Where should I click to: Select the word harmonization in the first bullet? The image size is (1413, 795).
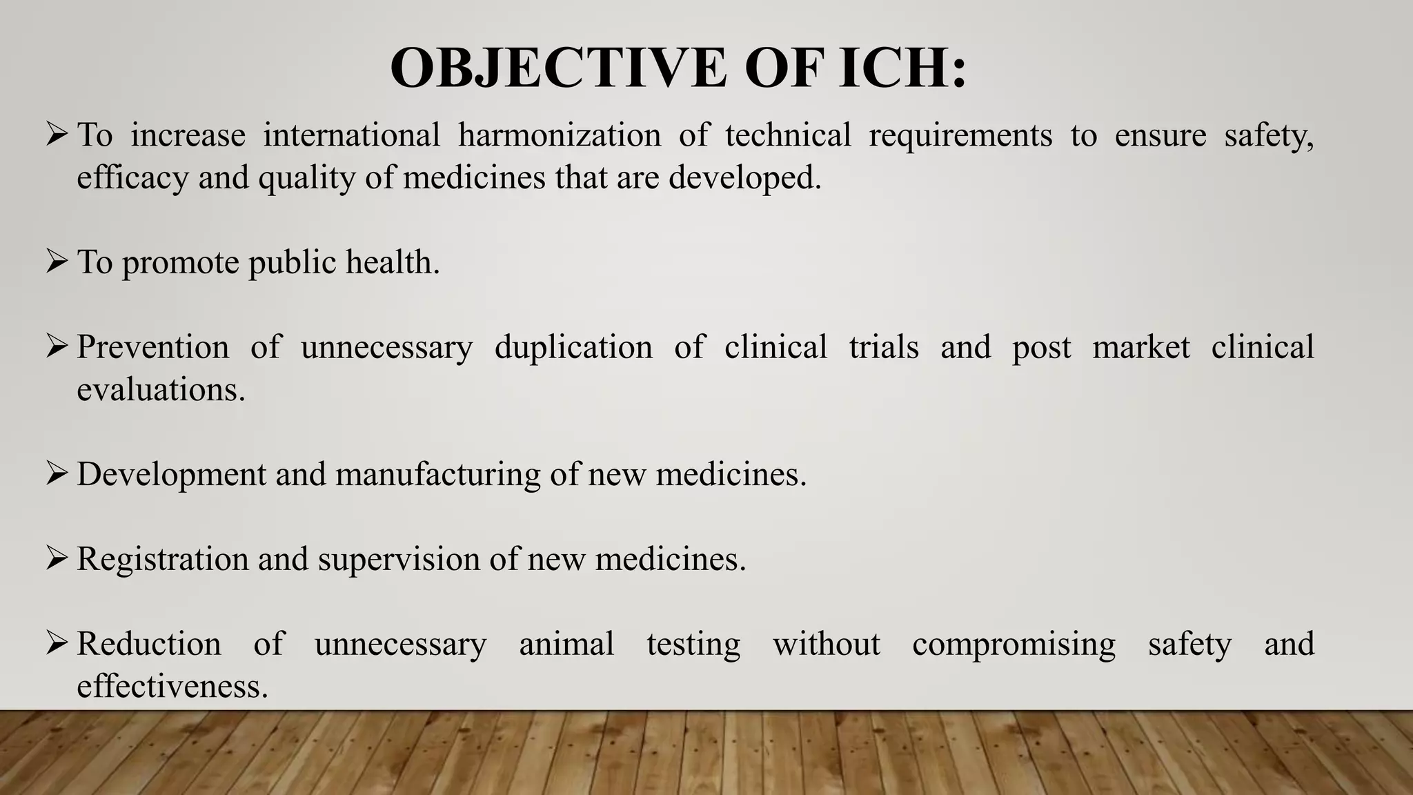coord(560,135)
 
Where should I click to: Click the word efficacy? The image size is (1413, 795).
coord(132,178)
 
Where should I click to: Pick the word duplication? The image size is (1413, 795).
coord(573,347)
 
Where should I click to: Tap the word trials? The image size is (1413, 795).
coord(884,347)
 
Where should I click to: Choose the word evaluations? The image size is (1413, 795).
coord(161,390)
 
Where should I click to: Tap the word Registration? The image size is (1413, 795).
coord(163,559)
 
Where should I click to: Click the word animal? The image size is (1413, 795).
coord(566,644)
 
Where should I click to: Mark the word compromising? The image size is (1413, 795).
coord(1014,644)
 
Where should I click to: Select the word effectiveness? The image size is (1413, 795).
coord(172,687)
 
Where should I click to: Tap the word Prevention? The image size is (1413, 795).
coord(152,347)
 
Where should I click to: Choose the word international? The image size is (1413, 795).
coord(351,135)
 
